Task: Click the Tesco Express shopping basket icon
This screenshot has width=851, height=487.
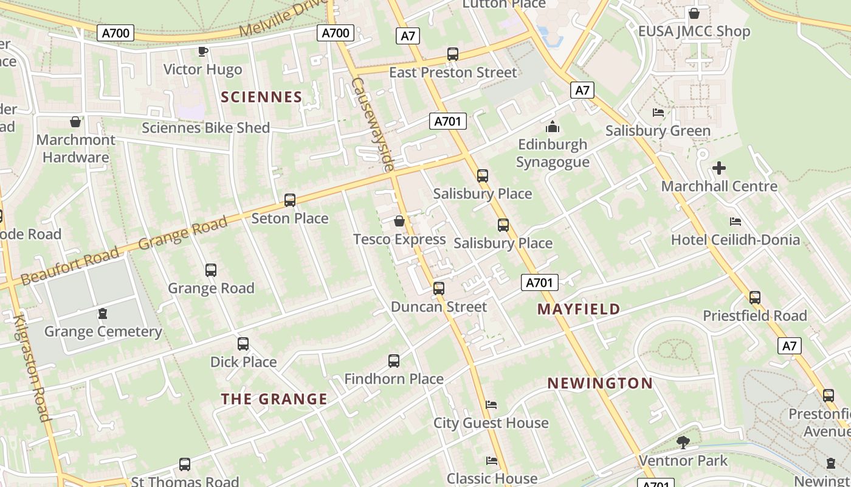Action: (399, 221)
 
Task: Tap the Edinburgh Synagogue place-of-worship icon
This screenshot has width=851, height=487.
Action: (553, 127)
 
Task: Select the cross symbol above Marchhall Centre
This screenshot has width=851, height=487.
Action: (719, 168)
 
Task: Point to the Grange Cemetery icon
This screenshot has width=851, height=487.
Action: (103, 314)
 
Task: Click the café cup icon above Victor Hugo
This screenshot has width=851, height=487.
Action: (203, 51)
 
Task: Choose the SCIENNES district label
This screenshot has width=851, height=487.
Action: (261, 97)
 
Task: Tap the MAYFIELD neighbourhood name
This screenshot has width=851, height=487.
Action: (579, 309)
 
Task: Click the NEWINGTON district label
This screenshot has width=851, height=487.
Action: (600, 384)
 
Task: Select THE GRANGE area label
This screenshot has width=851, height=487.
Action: (274, 399)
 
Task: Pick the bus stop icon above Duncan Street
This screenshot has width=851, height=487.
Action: (439, 289)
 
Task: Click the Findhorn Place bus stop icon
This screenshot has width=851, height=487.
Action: (394, 361)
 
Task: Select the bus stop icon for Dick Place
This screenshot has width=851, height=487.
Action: (243, 344)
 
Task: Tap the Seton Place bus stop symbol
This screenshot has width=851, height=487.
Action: (290, 200)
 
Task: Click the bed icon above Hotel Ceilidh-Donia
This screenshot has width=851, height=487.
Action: (736, 222)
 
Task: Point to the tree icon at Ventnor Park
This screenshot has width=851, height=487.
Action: (683, 443)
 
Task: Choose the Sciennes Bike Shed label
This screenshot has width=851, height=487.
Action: (205, 128)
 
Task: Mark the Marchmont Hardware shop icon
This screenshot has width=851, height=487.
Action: (75, 122)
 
